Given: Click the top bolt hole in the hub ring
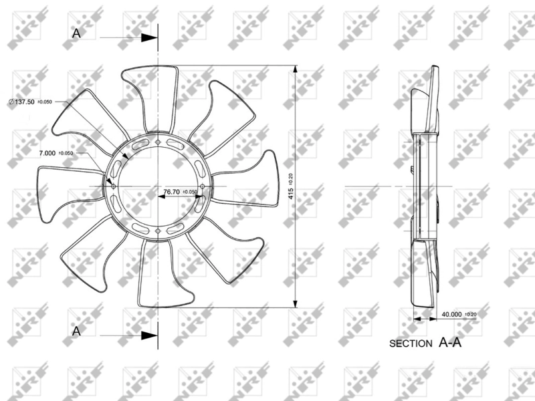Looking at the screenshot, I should pos(158,141).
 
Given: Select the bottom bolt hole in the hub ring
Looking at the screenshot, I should pos(158,231).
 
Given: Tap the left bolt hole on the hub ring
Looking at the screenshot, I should pos(113,186).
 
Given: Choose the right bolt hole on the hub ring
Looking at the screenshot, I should pos(203,186).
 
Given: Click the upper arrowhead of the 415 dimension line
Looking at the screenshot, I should pos(295,69).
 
